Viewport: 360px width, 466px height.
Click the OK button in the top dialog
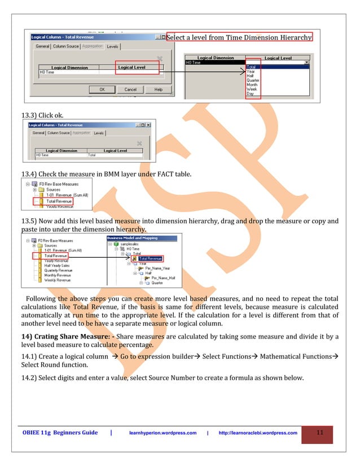[102, 89]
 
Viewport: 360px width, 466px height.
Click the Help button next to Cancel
[158, 89]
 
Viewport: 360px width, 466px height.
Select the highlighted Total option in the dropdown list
[251, 67]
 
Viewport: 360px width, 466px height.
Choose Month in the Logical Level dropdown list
[252, 84]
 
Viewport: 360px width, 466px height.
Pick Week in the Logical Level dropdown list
[252, 89]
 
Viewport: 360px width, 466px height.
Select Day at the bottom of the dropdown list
[250, 94]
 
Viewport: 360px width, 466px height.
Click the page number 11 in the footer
[319, 433]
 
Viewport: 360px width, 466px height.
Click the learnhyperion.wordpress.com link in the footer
[163, 433]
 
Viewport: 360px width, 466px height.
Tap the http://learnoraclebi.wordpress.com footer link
[257, 433]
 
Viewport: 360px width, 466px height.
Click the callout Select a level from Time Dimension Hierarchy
[239, 37]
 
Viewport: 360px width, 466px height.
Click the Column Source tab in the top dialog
[66, 46]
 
